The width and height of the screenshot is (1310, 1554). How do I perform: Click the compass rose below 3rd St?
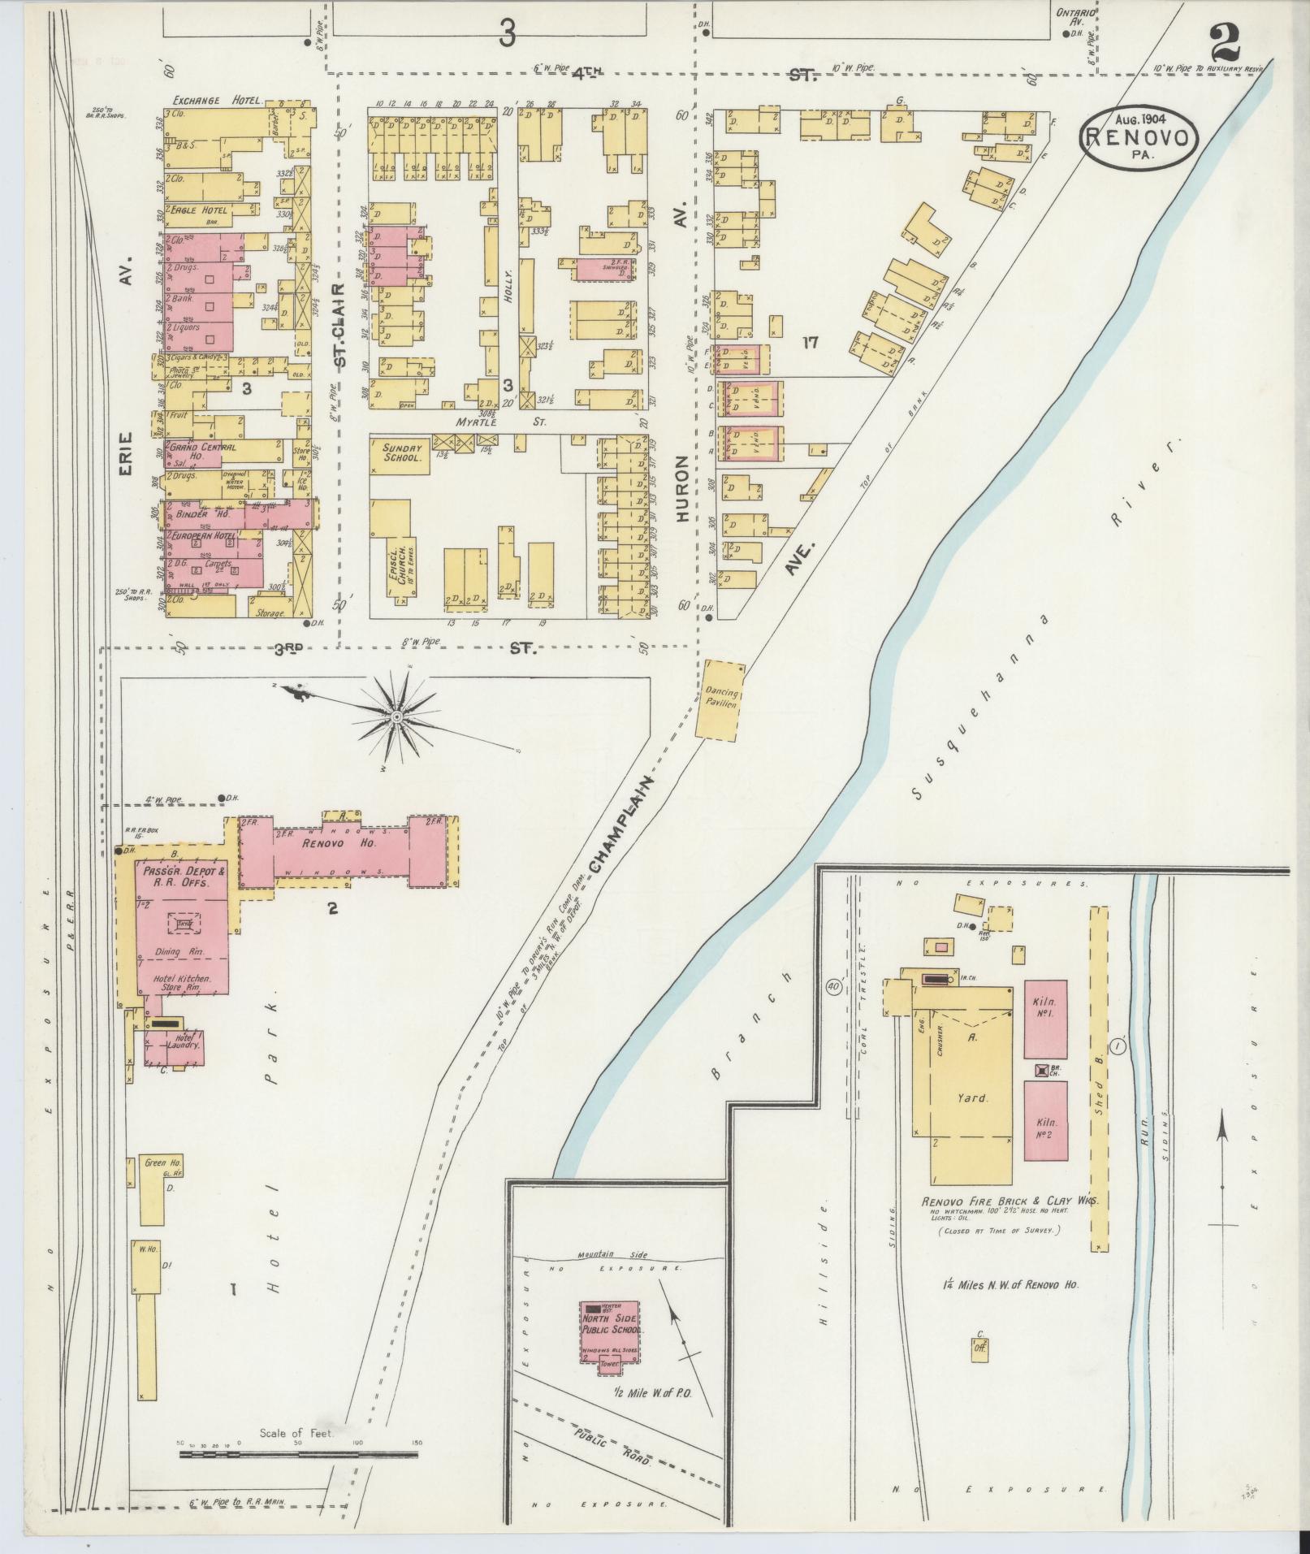click(x=396, y=716)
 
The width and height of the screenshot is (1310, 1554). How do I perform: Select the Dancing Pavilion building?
click(x=720, y=699)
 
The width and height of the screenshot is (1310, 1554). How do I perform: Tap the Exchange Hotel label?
click(x=217, y=101)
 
